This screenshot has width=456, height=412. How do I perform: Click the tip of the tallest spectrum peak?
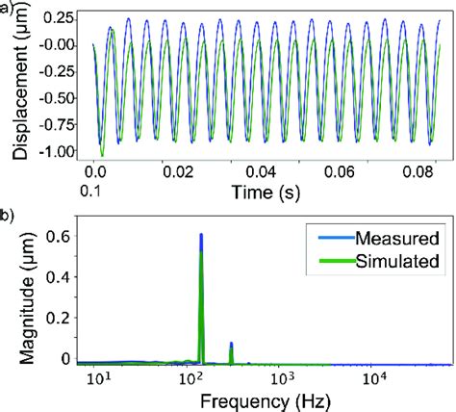(201, 234)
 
